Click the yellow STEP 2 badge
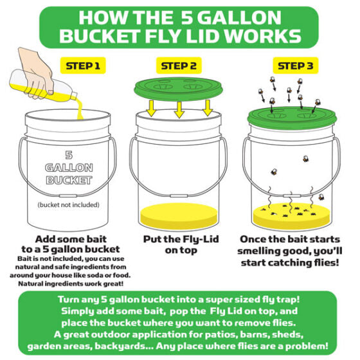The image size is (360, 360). point(179,65)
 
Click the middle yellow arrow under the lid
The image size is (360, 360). point(179,110)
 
